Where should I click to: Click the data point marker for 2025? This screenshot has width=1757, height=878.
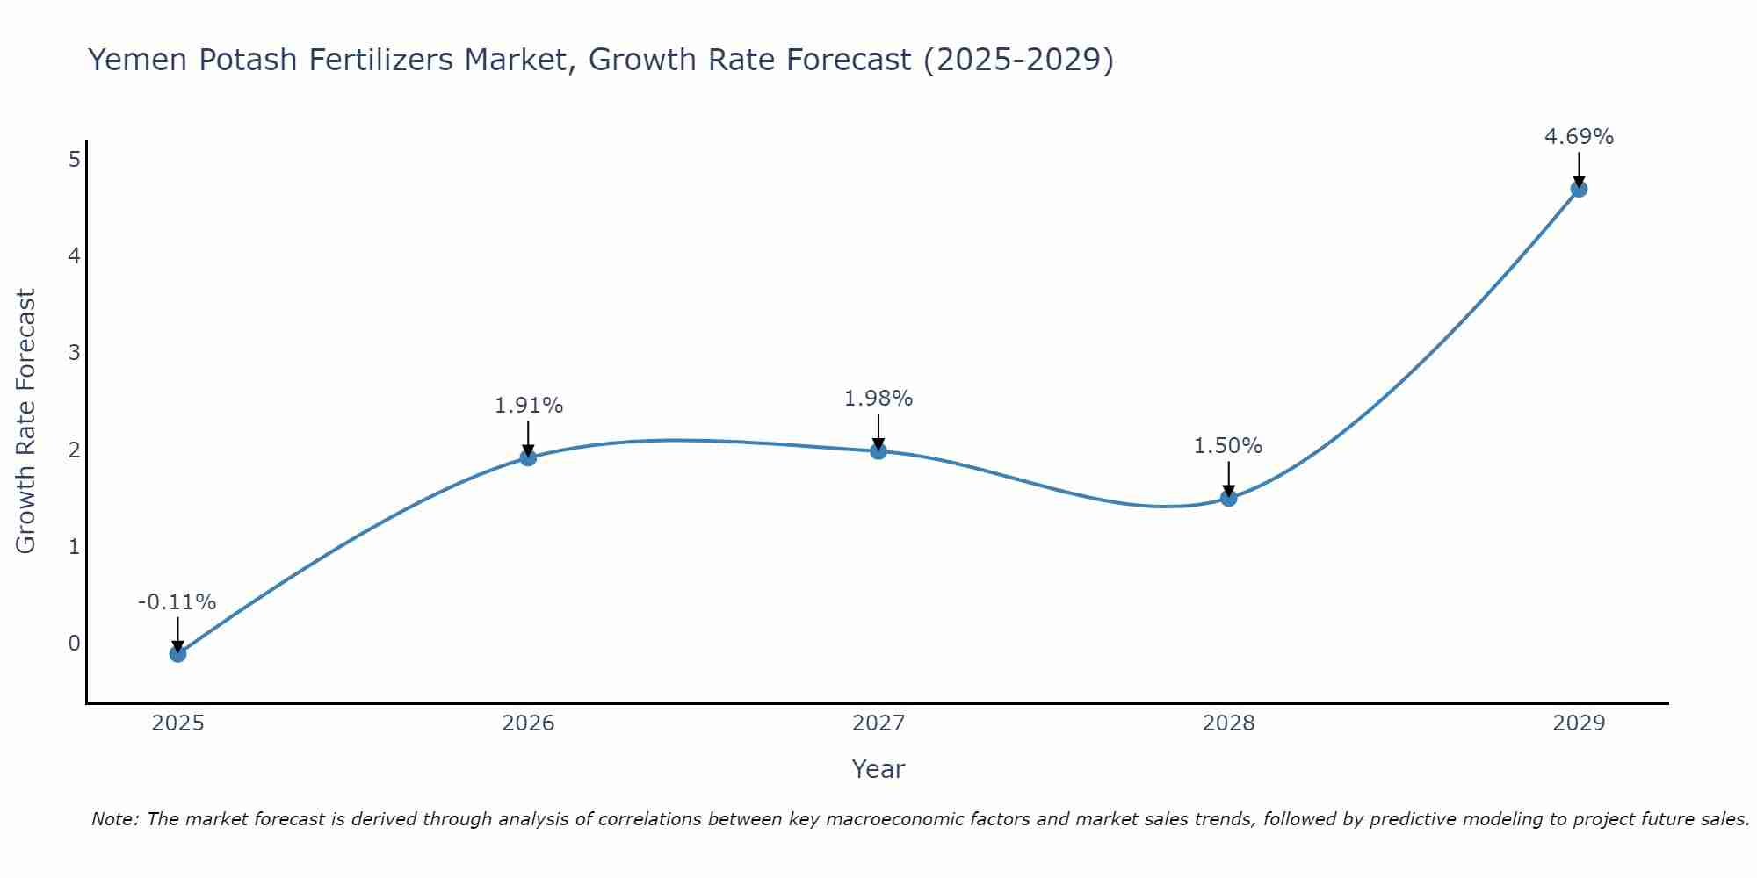pos(177,653)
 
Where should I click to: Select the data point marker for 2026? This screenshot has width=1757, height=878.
pos(528,457)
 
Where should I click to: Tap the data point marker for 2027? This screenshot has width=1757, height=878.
pos(878,451)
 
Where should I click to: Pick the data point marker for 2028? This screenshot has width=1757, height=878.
pos(1228,498)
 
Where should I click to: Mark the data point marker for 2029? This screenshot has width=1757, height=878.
pos(1579,189)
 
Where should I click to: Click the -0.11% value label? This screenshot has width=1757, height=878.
pos(177,602)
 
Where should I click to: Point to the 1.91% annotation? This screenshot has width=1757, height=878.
pos(528,406)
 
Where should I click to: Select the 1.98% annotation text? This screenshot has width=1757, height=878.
pos(878,399)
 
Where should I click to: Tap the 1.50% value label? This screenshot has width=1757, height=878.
pos(1228,446)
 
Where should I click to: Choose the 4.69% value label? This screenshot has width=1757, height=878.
pos(1579,137)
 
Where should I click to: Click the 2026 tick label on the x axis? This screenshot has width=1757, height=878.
pos(528,723)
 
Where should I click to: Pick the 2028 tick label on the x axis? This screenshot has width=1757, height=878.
pos(1228,723)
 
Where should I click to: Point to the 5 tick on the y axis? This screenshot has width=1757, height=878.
pos(74,159)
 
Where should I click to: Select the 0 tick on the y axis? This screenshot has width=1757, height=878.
pos(74,644)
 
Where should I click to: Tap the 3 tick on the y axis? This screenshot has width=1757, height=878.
pos(74,353)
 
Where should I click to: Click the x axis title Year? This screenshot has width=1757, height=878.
pos(878,769)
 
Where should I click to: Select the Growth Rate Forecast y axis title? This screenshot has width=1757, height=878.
pos(26,421)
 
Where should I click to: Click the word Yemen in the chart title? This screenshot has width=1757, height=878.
pos(138,60)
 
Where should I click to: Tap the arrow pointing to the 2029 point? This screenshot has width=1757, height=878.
pos(1579,169)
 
